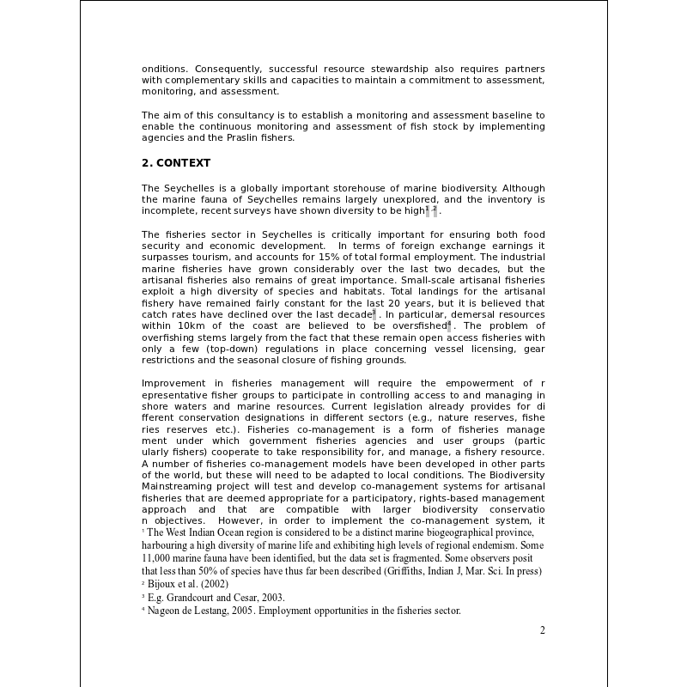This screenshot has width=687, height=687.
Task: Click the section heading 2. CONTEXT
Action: pos(175,163)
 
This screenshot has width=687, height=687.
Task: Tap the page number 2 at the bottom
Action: pos(542,630)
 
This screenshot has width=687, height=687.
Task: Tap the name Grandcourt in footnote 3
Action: pos(198,598)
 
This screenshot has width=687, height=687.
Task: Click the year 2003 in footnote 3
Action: pos(271,598)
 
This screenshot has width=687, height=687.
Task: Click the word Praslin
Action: pos(225,137)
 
